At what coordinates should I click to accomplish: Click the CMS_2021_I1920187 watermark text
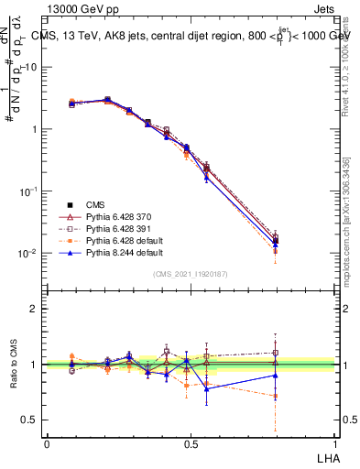coord(191,274)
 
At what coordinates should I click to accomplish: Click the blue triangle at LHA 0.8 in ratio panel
coord(276,375)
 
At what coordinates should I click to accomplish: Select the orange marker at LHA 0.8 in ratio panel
coord(276,396)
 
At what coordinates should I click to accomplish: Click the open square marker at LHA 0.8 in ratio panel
coord(276,352)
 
